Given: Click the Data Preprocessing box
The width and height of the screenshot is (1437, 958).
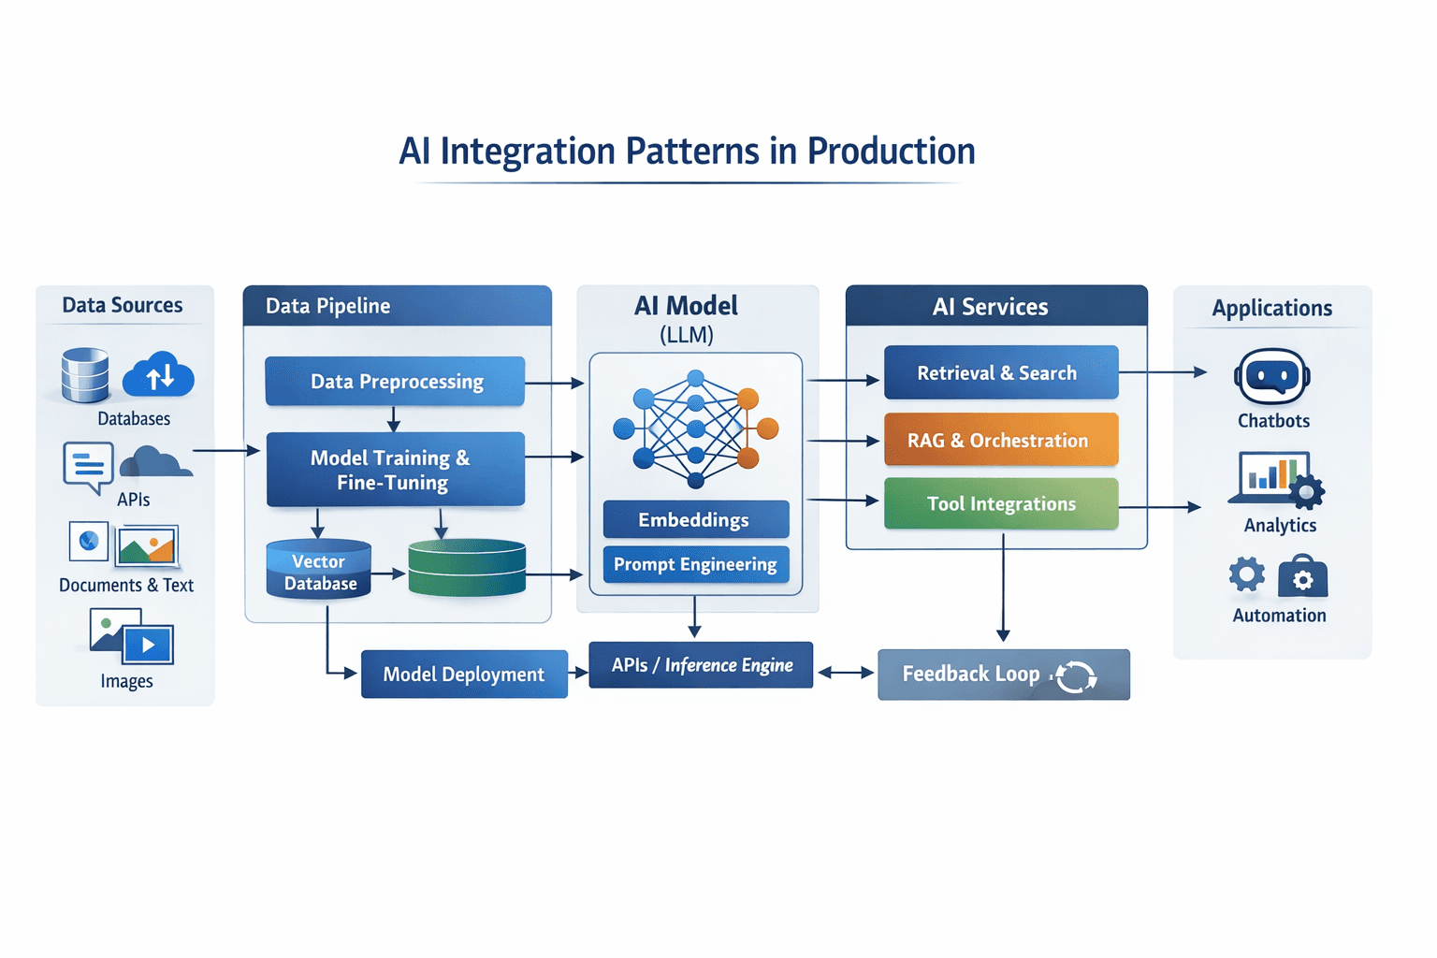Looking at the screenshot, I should click(x=395, y=382).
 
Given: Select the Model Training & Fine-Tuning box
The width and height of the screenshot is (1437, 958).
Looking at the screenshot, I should click(x=395, y=470).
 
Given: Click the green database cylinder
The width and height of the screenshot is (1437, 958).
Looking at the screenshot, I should click(x=467, y=568).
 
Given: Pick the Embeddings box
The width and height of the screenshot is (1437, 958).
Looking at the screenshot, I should click(x=695, y=520).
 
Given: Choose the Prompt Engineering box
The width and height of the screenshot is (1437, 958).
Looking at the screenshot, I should click(x=695, y=565).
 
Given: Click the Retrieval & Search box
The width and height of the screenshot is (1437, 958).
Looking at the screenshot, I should click(x=1000, y=373).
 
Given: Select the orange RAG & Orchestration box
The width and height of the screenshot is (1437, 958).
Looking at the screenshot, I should click(x=1000, y=441).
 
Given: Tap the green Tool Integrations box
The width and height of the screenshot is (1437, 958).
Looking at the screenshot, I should click(x=1000, y=504).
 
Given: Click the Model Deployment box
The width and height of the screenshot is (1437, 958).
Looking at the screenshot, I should click(x=464, y=675).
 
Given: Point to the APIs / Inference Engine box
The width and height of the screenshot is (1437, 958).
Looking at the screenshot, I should click(x=701, y=665).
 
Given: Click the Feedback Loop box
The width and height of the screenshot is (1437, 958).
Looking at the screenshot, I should click(x=1003, y=675).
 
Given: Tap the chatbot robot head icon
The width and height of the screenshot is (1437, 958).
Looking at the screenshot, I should click(x=1271, y=377).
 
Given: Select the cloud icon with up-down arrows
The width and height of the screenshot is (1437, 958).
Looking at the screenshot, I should click(x=159, y=376).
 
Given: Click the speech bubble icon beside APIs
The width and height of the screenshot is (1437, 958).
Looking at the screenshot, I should click(x=89, y=466).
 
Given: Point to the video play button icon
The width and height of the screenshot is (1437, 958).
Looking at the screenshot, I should click(x=148, y=645).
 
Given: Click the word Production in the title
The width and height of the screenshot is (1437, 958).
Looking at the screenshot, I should click(x=891, y=152).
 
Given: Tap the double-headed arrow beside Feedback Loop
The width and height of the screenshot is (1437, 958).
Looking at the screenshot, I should click(x=846, y=673).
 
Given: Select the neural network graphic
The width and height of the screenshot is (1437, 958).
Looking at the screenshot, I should click(x=695, y=428).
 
